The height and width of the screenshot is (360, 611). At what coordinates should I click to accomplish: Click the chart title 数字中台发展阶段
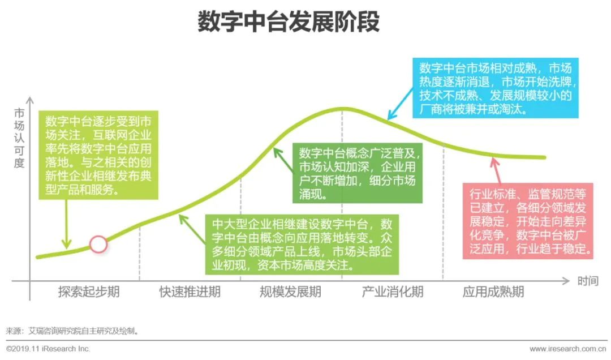point(288,23)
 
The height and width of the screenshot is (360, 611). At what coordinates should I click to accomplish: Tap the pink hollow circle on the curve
point(98,244)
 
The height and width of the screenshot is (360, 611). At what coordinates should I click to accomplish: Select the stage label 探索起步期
point(89,292)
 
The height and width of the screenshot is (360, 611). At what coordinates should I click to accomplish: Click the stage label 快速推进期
point(190,292)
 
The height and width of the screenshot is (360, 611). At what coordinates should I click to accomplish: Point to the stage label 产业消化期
point(392,292)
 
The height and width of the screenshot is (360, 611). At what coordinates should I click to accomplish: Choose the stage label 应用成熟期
point(493,292)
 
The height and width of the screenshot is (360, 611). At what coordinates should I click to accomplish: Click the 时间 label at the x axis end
point(588,281)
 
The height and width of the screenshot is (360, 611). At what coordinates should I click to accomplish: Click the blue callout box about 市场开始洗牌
point(496,88)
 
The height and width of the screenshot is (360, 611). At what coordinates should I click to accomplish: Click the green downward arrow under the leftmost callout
point(67,224)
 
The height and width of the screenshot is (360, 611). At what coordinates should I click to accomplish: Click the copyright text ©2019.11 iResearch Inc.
point(49,349)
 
